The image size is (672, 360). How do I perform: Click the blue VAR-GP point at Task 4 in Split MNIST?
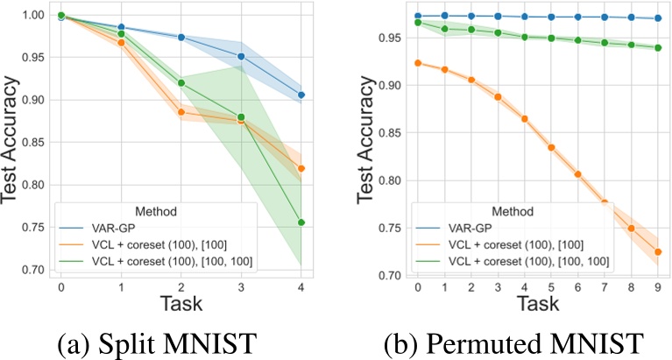[x=301, y=95]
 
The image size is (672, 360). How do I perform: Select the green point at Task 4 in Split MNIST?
[x=301, y=222]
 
